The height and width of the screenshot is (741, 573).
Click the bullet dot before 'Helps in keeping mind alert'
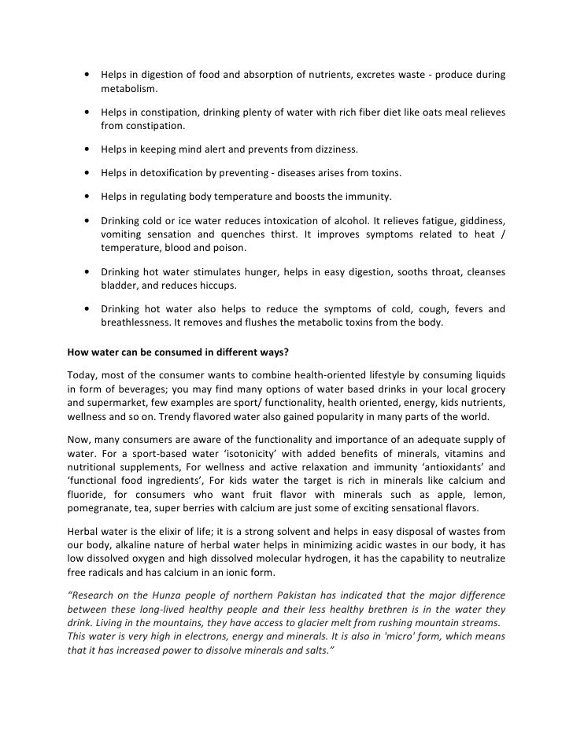(84, 149)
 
